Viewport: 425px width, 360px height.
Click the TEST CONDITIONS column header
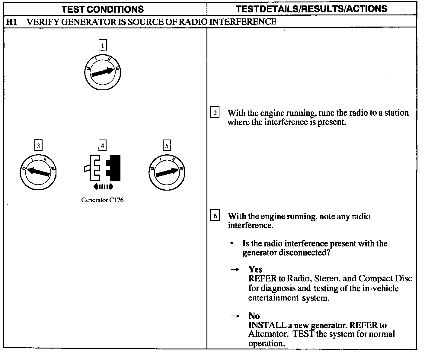(103, 9)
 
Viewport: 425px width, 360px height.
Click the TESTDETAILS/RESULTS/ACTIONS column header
(312, 9)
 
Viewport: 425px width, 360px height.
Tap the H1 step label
(11, 22)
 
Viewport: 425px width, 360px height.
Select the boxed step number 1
(103, 46)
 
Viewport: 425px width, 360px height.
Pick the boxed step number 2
(215, 113)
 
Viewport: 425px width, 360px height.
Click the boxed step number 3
(38, 146)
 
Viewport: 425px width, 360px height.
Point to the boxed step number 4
(103, 146)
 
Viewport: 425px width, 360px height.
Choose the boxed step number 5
(167, 146)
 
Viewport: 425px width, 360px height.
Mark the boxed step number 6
(215, 216)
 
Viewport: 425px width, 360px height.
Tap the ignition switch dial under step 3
(38, 173)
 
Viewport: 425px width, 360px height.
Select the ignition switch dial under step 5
(167, 173)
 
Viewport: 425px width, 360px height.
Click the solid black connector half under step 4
(114, 168)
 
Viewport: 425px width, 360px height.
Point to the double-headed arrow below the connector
(103, 187)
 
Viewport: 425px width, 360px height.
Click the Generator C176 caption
(102, 200)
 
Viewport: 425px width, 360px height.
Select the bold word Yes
(255, 269)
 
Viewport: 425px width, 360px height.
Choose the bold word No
(254, 316)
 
